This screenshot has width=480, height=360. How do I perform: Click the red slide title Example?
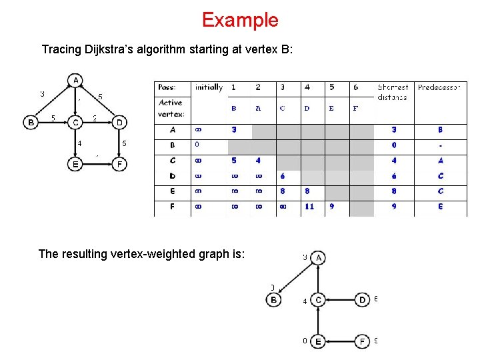[x=240, y=20]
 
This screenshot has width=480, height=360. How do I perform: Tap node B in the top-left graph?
[x=31, y=123]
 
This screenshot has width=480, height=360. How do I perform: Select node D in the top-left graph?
[x=119, y=123]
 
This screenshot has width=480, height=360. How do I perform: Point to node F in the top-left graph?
[x=119, y=164]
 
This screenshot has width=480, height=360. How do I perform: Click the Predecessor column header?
[x=439, y=87]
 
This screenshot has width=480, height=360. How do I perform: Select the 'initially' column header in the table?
[x=209, y=87]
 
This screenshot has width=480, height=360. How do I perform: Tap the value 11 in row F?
[x=309, y=207]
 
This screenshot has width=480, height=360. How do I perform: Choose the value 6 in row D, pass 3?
[x=283, y=176]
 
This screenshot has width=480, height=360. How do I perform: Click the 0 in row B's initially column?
[x=197, y=145]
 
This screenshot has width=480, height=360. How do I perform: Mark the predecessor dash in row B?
[x=441, y=145]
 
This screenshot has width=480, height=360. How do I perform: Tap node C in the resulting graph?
[x=318, y=300]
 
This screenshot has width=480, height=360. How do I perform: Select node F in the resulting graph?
[x=362, y=341]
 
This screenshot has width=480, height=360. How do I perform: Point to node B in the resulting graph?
[x=274, y=300]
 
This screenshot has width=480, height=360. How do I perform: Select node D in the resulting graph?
[x=362, y=300]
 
